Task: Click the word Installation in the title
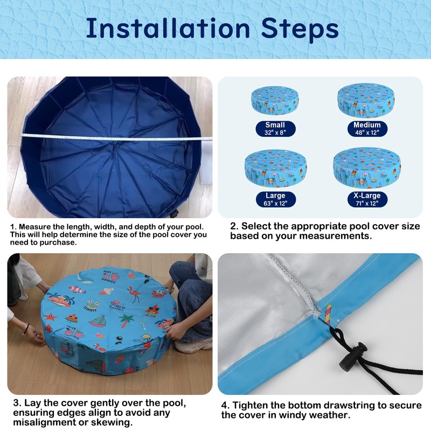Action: (168, 29)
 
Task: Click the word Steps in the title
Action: (300, 30)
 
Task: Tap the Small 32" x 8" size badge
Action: (275, 129)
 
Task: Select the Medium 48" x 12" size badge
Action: (367, 129)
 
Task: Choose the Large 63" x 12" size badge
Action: (275, 199)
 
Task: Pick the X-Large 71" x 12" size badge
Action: (367, 199)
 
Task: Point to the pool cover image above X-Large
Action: (367, 168)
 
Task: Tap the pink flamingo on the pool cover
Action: (134, 294)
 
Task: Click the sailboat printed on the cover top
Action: (97, 321)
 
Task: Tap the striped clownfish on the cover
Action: (77, 289)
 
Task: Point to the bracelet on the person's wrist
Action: (25, 329)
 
